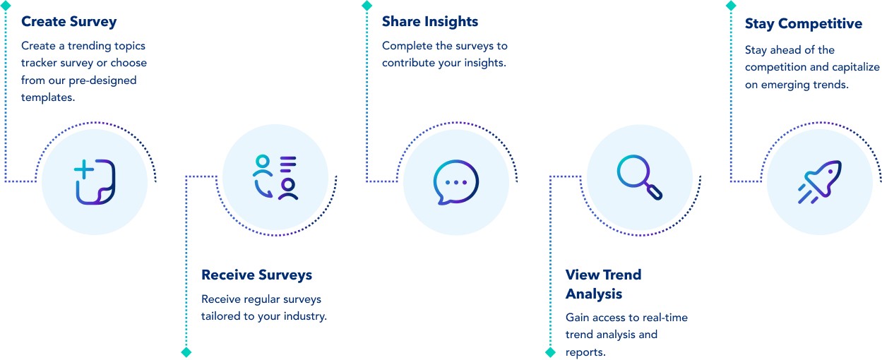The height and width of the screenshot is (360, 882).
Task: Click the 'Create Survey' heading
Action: (x=68, y=22)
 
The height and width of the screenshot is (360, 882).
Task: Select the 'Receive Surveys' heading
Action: (x=256, y=275)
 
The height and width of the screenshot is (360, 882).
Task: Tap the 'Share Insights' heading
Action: (x=429, y=22)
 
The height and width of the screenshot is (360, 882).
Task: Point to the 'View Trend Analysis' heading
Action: (x=603, y=283)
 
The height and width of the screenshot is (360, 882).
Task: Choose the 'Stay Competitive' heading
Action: (x=803, y=24)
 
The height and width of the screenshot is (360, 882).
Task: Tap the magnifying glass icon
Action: (x=640, y=175)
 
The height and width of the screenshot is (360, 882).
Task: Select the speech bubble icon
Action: (x=455, y=182)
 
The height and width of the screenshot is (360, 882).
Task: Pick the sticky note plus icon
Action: (x=95, y=182)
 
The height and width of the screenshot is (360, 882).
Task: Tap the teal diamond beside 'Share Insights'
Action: (x=366, y=6)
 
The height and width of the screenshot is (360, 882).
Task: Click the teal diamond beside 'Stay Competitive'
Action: (x=730, y=6)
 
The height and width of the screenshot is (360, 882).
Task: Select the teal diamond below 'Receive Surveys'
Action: (x=186, y=352)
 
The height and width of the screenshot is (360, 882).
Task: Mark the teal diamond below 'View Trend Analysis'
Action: (x=550, y=352)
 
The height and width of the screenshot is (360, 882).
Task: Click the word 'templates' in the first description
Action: (x=47, y=97)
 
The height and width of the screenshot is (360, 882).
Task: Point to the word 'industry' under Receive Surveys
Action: (x=304, y=316)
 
